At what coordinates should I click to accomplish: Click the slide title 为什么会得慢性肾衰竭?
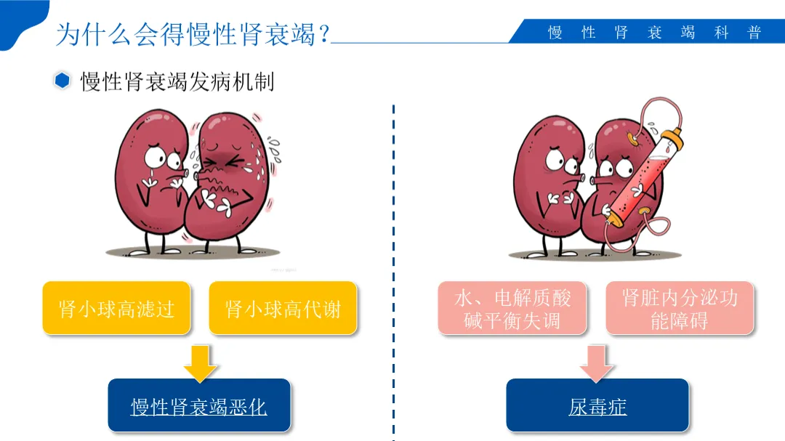click(193, 33)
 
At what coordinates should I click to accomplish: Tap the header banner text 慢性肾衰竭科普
click(654, 33)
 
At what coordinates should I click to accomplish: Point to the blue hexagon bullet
click(63, 81)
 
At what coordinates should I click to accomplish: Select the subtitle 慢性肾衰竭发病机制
click(177, 81)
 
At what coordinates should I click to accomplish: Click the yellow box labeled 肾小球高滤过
click(116, 308)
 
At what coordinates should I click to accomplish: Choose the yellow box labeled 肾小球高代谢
click(283, 308)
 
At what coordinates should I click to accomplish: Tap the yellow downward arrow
click(200, 362)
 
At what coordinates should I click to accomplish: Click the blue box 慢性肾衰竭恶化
click(199, 405)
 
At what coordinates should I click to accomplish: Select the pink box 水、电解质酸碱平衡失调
click(512, 308)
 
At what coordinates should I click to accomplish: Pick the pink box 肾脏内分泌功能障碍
click(680, 308)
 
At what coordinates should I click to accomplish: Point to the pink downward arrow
click(597, 362)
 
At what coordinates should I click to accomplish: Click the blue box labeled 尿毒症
click(597, 405)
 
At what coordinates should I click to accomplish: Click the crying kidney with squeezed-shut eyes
click(225, 182)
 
